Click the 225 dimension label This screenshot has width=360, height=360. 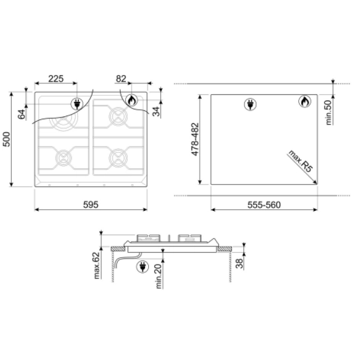[56, 79]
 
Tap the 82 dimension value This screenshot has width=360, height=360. [121, 79]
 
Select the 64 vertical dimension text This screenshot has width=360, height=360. [22, 114]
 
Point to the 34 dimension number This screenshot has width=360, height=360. [156, 112]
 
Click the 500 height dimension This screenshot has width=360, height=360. [6, 139]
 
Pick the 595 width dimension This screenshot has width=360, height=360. [91, 204]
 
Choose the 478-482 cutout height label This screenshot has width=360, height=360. [195, 139]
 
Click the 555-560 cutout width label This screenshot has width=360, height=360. [264, 205]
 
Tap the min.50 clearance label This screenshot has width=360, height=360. [329, 113]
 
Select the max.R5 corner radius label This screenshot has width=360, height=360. [300, 161]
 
